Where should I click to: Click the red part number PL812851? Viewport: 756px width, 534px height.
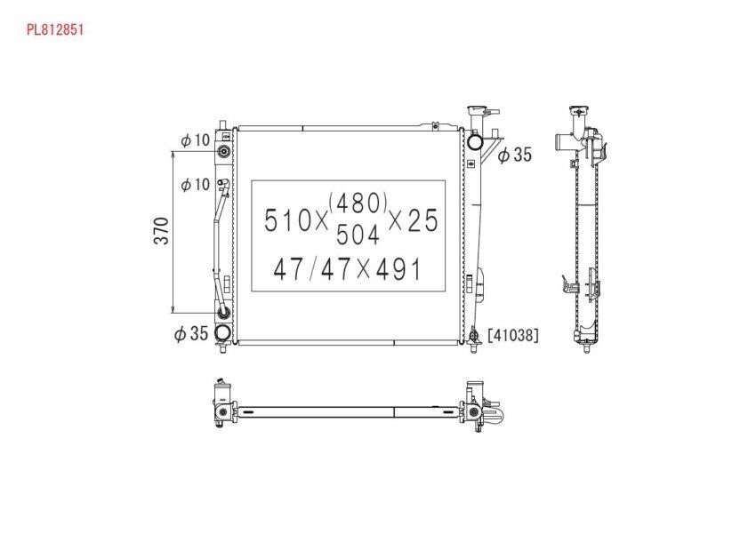(55, 30)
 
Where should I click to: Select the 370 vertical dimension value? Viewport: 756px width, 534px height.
(162, 231)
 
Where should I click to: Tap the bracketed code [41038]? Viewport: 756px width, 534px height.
(513, 335)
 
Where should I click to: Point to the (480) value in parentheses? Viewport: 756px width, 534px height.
(358, 203)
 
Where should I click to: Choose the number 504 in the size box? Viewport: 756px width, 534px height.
(358, 235)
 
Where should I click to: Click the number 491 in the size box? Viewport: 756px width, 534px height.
(398, 269)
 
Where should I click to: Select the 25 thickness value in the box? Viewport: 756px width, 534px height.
(422, 220)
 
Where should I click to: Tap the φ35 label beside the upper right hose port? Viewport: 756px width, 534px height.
(514, 155)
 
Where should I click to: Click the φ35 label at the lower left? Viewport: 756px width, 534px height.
(191, 333)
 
